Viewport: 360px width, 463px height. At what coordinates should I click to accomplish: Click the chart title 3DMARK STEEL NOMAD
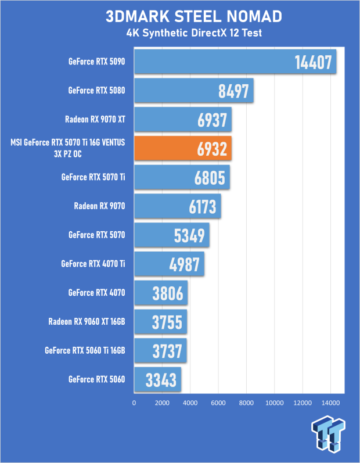194,16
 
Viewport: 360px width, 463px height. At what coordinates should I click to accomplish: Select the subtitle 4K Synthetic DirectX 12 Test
194,33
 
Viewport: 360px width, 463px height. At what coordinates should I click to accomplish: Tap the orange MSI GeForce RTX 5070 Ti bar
183,148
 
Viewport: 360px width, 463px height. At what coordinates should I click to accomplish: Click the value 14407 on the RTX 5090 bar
314,62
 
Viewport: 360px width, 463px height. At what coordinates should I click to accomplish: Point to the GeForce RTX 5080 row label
96,90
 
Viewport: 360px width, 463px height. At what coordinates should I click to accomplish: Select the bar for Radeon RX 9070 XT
183,119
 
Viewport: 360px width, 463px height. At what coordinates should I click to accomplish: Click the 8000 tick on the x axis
246,403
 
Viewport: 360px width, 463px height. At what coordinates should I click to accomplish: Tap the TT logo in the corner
328,433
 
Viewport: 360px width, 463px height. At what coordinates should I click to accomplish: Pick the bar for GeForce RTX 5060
157,380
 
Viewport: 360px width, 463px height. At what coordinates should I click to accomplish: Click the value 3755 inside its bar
167,322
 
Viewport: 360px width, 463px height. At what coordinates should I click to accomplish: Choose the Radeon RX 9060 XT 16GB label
87,321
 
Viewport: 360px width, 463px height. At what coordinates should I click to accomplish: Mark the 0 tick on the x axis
134,403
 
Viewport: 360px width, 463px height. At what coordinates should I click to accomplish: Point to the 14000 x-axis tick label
330,403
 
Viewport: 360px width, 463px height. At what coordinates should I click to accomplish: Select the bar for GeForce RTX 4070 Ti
170,264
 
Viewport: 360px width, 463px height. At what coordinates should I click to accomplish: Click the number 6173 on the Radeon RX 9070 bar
203,207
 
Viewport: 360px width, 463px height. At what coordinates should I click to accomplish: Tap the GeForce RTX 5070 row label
97,235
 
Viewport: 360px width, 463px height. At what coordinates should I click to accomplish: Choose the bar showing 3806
161,293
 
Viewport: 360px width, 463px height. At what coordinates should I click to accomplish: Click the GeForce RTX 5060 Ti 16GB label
85,350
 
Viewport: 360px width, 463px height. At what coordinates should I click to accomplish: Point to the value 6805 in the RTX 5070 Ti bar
210,178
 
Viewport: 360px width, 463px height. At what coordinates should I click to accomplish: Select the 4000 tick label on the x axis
190,403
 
